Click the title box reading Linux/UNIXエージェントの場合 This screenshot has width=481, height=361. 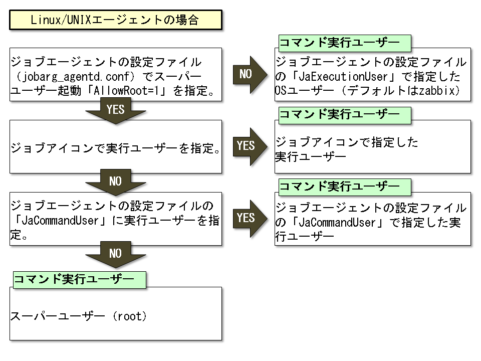115,21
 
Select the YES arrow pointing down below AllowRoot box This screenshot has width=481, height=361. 115,110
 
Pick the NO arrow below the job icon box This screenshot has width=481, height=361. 115,182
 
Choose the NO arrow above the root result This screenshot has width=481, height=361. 115,254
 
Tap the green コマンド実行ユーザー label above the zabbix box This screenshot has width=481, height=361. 343,43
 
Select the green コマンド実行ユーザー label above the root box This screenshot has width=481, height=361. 79,280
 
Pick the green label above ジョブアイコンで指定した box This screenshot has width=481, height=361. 343,115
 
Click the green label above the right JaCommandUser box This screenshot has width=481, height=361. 343,187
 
